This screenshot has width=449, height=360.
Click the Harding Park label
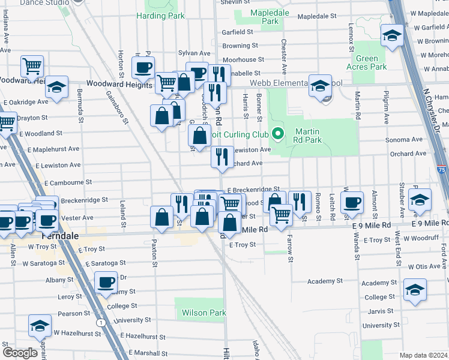[160, 16]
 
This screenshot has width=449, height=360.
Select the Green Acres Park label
[367, 63]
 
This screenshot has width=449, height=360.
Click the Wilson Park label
[203, 313]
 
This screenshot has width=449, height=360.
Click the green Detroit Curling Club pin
[277, 133]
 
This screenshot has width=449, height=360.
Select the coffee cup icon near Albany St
[106, 281]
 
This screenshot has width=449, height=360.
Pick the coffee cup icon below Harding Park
[143, 67]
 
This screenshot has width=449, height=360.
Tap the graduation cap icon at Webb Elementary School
[320, 85]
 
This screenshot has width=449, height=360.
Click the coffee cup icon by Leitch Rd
[352, 202]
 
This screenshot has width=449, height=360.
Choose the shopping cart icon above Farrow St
[280, 214]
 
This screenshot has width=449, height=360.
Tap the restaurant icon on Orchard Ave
[221, 157]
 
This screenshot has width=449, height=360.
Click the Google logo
[20, 352]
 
